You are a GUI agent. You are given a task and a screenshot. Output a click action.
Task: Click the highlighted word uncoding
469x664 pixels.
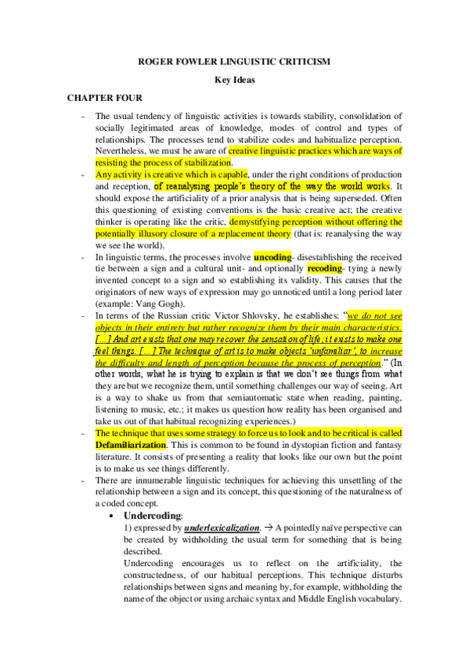(x=271, y=256)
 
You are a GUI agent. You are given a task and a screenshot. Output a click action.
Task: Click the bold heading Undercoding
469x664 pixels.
(x=153, y=516)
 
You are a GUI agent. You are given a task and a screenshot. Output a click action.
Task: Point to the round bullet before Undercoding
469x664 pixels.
(x=116, y=517)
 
